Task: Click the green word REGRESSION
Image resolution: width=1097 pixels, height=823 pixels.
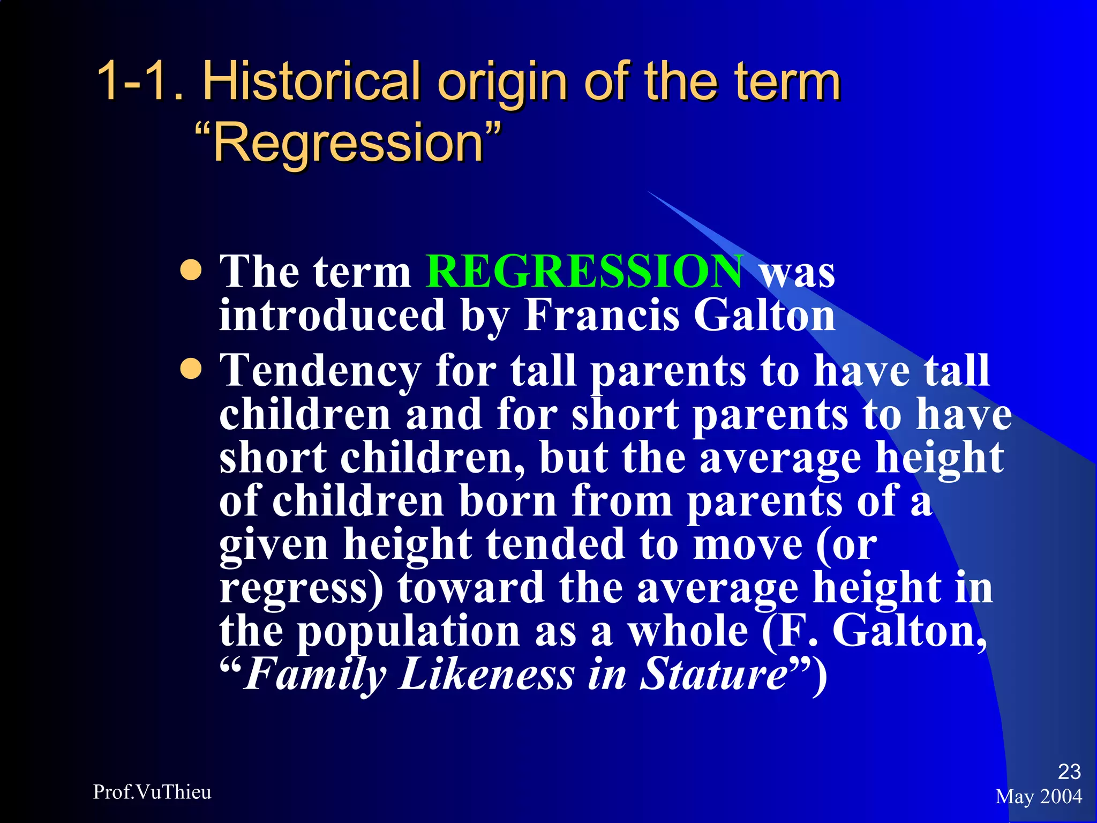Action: click(584, 272)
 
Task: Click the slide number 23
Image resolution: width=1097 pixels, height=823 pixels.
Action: click(1069, 772)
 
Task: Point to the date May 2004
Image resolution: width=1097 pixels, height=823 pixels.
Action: click(1039, 797)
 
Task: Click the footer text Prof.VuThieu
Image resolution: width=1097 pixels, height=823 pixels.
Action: click(152, 792)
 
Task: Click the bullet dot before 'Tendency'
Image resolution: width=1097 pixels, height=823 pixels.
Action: click(191, 369)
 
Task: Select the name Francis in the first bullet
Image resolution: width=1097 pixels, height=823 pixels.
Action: click(601, 316)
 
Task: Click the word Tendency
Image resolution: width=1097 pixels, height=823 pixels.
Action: click(320, 371)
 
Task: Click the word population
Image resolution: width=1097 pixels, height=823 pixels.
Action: click(409, 631)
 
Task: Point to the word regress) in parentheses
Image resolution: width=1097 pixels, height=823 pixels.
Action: click(302, 588)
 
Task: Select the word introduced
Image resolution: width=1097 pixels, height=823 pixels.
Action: click(332, 316)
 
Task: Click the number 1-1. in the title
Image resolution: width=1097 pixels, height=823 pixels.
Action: click(141, 82)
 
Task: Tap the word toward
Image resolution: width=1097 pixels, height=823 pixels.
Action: click(470, 588)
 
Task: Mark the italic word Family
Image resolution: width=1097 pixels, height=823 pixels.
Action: click(315, 675)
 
